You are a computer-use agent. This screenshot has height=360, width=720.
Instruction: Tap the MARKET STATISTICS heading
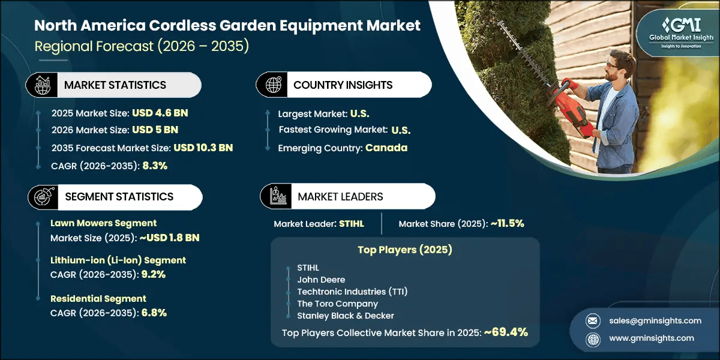point(115,85)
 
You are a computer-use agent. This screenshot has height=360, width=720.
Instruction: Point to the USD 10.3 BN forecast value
point(203,148)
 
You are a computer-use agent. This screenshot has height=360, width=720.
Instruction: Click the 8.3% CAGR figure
point(155,166)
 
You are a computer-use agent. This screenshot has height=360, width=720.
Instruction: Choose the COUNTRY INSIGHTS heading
point(343,85)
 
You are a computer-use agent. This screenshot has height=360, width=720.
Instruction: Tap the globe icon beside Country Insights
point(274,85)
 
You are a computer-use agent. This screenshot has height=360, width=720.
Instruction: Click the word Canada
point(386,148)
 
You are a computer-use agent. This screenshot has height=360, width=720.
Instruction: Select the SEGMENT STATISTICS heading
point(119,196)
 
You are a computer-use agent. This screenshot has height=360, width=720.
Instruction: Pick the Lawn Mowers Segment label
point(103,223)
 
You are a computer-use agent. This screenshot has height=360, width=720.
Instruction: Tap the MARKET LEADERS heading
point(340,196)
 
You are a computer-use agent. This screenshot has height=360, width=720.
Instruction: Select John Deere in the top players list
point(321,279)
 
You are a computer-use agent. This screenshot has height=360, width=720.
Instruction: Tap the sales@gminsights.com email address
point(654,320)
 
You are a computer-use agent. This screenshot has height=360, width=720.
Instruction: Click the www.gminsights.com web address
point(651,338)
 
